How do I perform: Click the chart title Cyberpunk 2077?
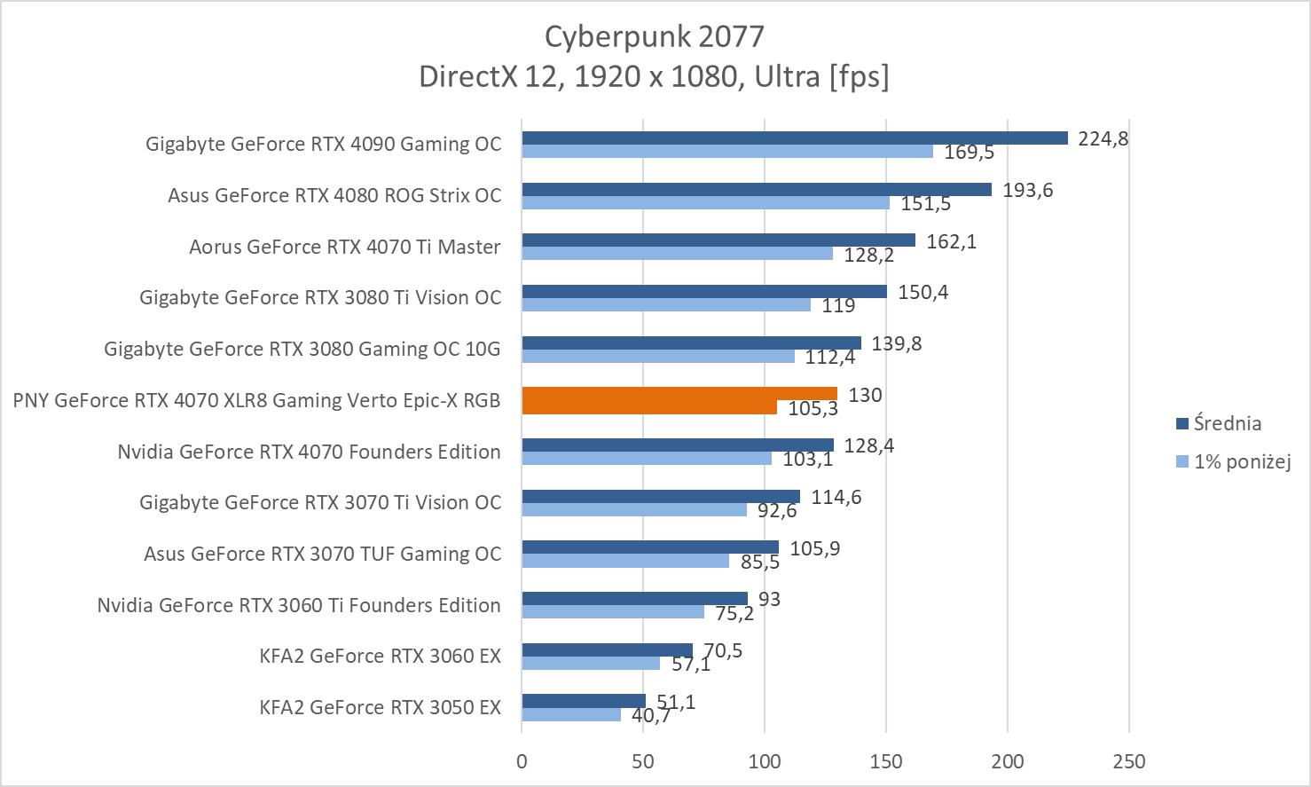pyautogui.click(x=654, y=36)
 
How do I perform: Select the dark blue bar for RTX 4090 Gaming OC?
pyautogui.click(x=794, y=138)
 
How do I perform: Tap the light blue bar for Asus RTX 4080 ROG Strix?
pyautogui.click(x=705, y=202)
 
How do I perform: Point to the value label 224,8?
pyautogui.click(x=1103, y=138)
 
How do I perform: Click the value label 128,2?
pyautogui.click(x=869, y=256)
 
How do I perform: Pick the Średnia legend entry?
pyautogui.click(x=1227, y=423)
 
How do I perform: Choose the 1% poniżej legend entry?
pyautogui.click(x=1241, y=461)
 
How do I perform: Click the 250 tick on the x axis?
pyautogui.click(x=1128, y=761)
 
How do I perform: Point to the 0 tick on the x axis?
pyautogui.click(x=522, y=761)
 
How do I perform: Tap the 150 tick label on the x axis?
pyautogui.click(x=886, y=761)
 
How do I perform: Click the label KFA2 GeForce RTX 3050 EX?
pyautogui.click(x=380, y=707)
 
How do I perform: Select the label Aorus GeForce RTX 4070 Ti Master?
pyautogui.click(x=345, y=247)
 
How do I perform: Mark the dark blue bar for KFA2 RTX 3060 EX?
pyautogui.click(x=607, y=650)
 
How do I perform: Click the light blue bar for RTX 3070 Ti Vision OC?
pyautogui.click(x=634, y=510)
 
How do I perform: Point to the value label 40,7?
pyautogui.click(x=650, y=716)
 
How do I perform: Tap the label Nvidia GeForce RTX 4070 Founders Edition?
pyautogui.click(x=309, y=452)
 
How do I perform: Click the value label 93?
pyautogui.click(x=769, y=600)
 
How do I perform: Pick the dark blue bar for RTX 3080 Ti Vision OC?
pyautogui.click(x=704, y=291)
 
